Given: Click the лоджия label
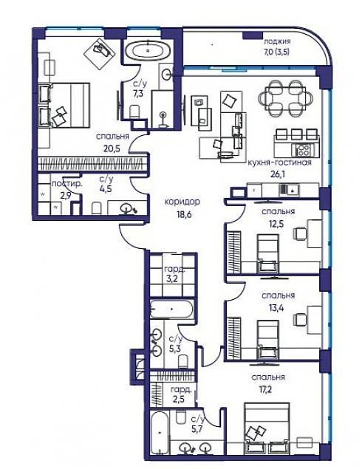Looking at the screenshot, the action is coord(277,42).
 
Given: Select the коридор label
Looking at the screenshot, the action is coord(182,202).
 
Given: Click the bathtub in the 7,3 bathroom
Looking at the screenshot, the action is coord(148,50).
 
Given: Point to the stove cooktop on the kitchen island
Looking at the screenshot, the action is coord(302,149).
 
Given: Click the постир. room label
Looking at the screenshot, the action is coord(66,183).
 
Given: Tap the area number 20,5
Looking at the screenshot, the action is coord(112,148).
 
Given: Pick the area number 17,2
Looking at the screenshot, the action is coord(266,389).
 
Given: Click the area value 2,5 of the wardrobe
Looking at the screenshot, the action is coord(177,400).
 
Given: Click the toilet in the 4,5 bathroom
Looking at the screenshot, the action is coord(97,208).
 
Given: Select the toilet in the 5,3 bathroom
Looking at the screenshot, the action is coord(182,362).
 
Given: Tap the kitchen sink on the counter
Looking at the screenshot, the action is coord(289,189).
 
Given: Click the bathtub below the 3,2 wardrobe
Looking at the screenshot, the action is coord(171,309).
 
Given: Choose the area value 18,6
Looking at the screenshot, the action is coord(182,214).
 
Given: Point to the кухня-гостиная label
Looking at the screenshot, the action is coord(279,162).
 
